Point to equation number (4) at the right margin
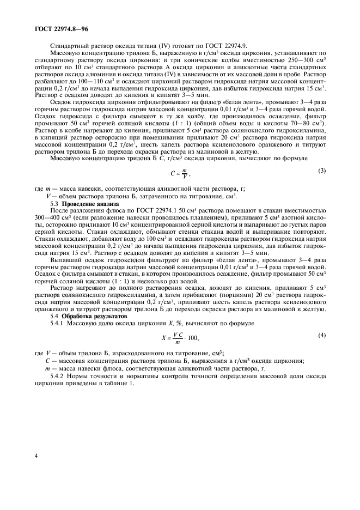pos(322,336)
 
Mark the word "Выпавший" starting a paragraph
pos(65,260)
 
